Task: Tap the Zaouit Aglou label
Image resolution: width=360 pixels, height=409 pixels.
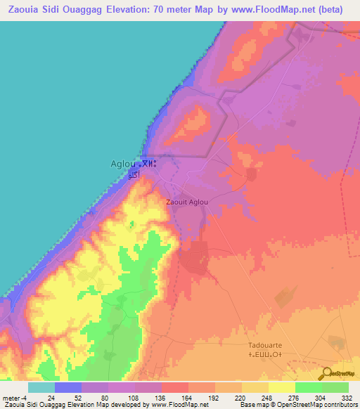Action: pyautogui.click(x=186, y=202)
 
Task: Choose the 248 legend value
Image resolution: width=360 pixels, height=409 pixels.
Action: pyautogui.click(x=268, y=397)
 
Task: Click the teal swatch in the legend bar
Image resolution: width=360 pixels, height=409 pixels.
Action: pyautogui.click(x=41, y=387)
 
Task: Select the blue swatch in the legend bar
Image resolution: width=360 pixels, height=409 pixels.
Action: pyautogui.click(x=67, y=387)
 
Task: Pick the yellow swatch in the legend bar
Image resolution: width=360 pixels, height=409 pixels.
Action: pyautogui.click(x=281, y=387)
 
